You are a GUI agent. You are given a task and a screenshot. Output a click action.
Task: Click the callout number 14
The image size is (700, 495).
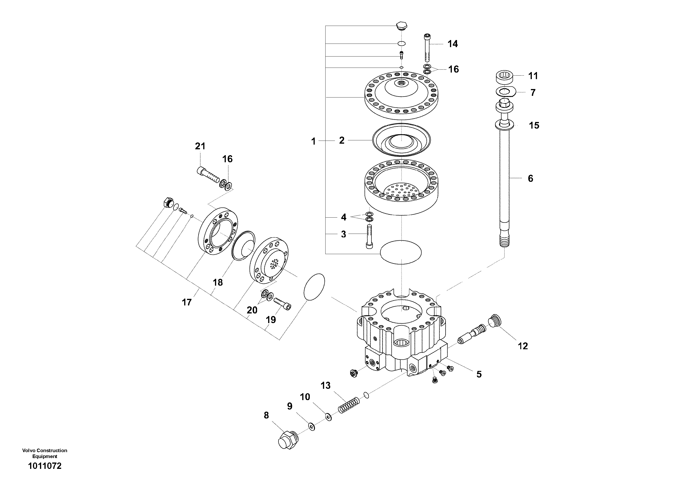tap(453, 44)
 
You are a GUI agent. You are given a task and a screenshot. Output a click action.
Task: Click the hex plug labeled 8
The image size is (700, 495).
tap(288, 440)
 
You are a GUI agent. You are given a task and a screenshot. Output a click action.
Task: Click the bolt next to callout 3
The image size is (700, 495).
tap(369, 236)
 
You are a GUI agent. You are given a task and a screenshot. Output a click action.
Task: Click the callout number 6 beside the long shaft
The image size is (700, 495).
tap(530, 179)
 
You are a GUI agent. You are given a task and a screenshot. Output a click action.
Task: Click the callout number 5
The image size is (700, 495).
tap(479, 374)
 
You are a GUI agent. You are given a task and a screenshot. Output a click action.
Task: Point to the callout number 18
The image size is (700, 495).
tap(218, 282)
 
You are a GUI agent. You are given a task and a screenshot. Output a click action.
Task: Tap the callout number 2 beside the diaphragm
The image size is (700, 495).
tap(342, 140)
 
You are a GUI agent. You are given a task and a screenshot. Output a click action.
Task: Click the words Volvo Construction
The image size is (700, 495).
tap(44, 450)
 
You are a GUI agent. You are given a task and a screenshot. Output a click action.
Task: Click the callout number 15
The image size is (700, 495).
tap(534, 126)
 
